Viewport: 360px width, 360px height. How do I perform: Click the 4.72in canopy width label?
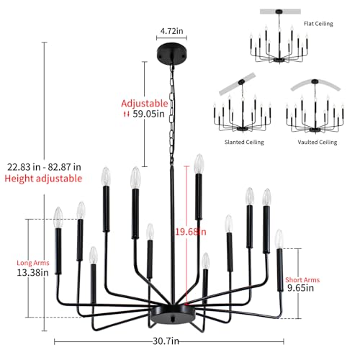tap(171, 31)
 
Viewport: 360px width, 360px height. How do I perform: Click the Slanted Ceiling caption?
tap(245, 143)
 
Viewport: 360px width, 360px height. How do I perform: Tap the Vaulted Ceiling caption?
tap(317, 143)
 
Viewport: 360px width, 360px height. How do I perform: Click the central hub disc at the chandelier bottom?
tap(171, 315)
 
